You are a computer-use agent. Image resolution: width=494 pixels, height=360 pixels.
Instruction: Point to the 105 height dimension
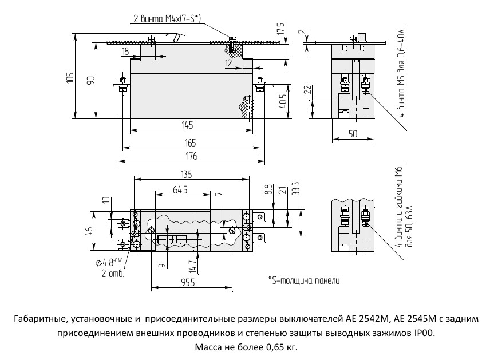[69, 78]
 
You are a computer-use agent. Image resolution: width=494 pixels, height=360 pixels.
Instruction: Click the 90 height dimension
[90, 81]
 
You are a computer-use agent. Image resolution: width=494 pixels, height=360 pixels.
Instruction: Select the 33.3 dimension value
[295, 190]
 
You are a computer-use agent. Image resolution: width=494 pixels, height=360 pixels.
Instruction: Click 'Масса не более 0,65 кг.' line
[246, 347]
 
